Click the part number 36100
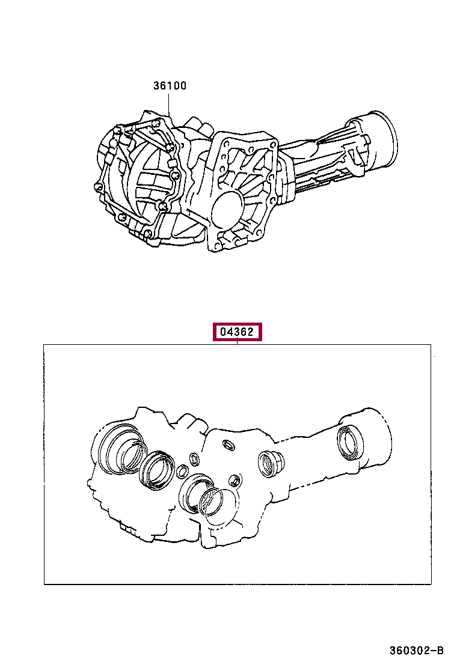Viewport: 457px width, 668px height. (x=170, y=86)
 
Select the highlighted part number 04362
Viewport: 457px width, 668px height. (x=237, y=332)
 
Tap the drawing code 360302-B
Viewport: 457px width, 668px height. (x=417, y=651)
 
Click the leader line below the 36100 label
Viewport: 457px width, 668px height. (x=169, y=103)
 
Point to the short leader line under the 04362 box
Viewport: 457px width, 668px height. (x=237, y=340)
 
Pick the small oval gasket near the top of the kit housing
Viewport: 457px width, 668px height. (x=228, y=445)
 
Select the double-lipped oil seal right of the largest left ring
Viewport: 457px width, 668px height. (x=158, y=470)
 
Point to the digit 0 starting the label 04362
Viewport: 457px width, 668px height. (x=223, y=332)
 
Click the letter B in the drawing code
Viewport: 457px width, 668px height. (x=440, y=651)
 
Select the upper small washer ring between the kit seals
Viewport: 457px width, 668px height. (x=194, y=459)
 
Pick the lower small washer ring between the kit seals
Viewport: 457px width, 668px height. (x=182, y=471)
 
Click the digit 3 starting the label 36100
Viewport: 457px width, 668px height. (x=156, y=86)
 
